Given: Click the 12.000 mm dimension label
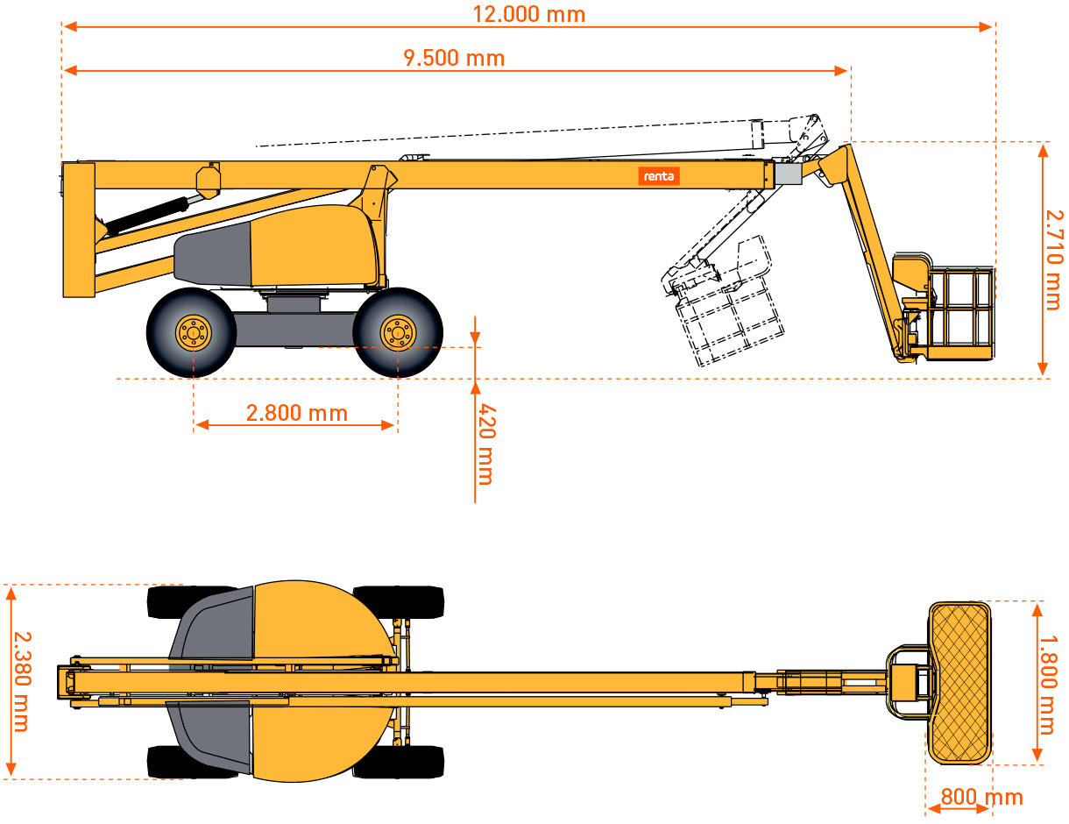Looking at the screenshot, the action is click(528, 14).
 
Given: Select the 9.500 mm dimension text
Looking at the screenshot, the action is click(454, 58).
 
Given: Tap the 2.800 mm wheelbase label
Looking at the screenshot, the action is click(297, 413).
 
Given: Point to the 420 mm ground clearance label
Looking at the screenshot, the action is click(487, 444).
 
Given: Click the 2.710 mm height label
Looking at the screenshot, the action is click(1054, 260).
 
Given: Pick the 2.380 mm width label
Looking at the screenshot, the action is click(22, 682).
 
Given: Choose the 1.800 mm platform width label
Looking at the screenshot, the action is click(1048, 685).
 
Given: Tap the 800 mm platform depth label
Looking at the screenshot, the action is click(982, 797).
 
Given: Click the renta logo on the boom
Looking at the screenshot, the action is click(659, 176).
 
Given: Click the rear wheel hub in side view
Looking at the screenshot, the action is click(194, 333).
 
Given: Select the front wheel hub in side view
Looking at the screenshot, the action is click(398, 333).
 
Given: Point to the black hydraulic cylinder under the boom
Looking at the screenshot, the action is click(147, 216).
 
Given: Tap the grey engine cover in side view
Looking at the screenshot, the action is click(214, 255).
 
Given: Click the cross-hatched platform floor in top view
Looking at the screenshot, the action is click(959, 683).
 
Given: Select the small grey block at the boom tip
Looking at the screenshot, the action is click(788, 174).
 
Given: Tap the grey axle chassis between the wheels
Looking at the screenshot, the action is click(294, 329).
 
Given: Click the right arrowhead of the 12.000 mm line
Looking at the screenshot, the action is click(986, 26).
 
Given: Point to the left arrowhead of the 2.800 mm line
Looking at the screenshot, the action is click(202, 425).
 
